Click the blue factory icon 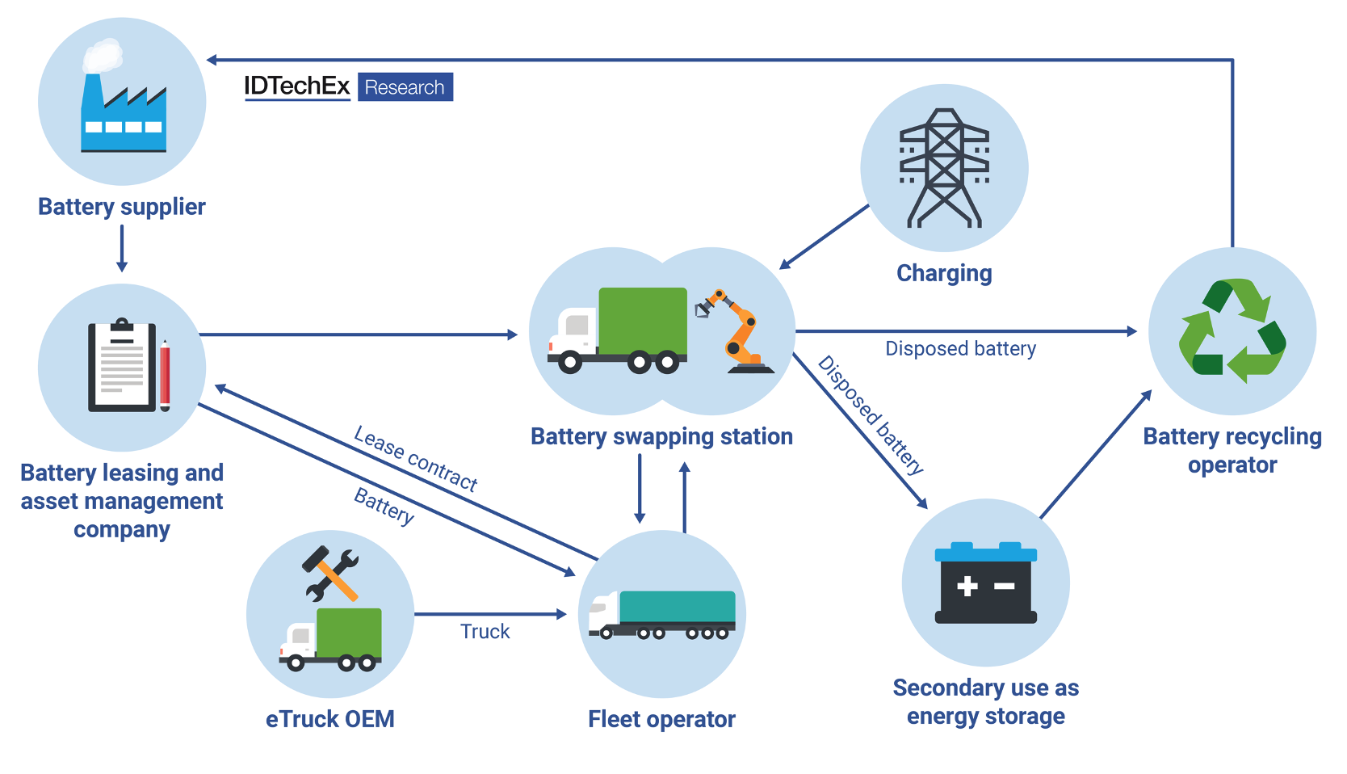coord(123,110)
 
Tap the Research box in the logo coord(405,87)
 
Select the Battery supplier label coord(122,207)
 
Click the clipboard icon coord(122,366)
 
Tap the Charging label coord(944,273)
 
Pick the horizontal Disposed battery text coord(960,348)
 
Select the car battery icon coord(985,583)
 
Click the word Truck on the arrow coord(485,631)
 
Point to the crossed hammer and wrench coord(330,574)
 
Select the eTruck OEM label coord(329,719)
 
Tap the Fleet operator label coord(661,719)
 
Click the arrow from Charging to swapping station coord(824,237)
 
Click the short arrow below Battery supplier coord(122,248)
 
